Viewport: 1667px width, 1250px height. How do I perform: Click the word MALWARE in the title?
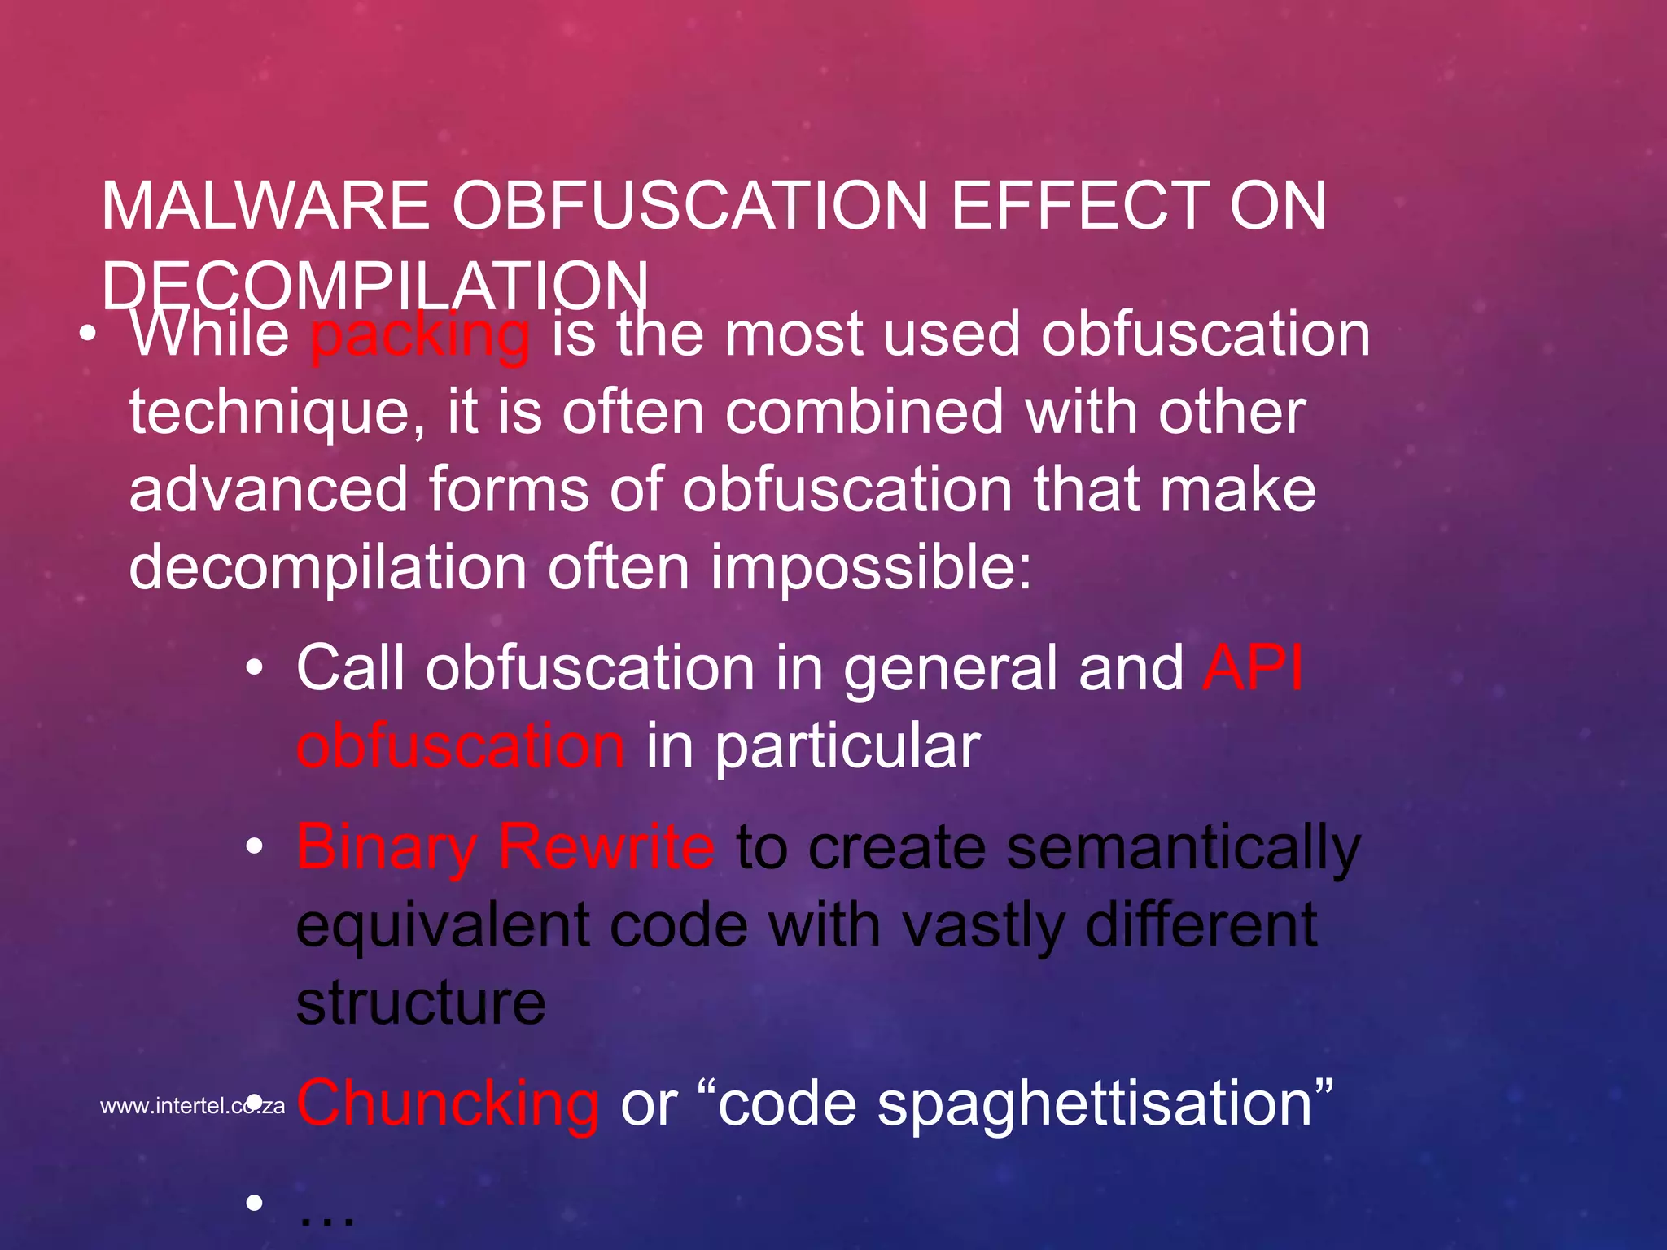(265, 206)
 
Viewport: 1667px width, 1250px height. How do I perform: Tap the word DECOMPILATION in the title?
(375, 286)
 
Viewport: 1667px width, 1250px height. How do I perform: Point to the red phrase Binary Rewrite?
(505, 847)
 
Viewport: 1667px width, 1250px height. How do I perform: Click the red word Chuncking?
(448, 1104)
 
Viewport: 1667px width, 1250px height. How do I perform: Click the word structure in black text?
(421, 1002)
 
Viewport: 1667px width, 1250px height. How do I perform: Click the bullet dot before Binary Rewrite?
(255, 847)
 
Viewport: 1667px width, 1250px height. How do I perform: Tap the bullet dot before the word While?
(89, 334)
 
